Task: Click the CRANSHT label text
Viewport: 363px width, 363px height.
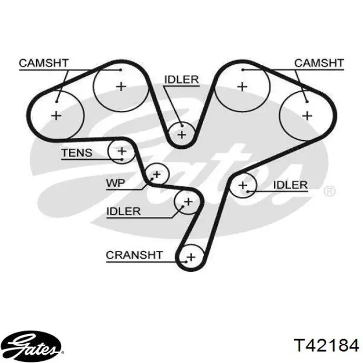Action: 134,255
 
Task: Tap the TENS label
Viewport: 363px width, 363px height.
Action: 77,153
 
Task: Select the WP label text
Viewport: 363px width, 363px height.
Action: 116,183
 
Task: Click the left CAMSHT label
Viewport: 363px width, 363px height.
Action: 44,63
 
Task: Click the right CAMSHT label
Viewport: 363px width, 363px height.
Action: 319,63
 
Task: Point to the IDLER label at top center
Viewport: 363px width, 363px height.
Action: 181,80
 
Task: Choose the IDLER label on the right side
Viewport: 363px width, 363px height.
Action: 290,185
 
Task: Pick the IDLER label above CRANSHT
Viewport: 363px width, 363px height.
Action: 123,212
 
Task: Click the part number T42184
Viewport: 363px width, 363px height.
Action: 326,345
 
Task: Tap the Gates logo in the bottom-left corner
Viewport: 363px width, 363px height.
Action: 35,345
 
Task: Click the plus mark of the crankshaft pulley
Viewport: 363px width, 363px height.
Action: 191,257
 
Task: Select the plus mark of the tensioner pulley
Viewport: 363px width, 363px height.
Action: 122,151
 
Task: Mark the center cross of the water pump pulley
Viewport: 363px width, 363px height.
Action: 157,174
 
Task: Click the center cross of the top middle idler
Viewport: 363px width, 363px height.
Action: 181,135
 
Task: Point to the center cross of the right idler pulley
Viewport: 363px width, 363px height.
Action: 243,186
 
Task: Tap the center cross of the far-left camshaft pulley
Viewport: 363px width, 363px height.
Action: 56,116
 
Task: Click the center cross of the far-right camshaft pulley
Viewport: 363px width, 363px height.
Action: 308,116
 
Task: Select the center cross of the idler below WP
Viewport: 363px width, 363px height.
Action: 188,202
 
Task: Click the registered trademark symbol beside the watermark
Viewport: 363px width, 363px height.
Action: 329,191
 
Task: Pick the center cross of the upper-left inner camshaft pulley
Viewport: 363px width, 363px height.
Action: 121,87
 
